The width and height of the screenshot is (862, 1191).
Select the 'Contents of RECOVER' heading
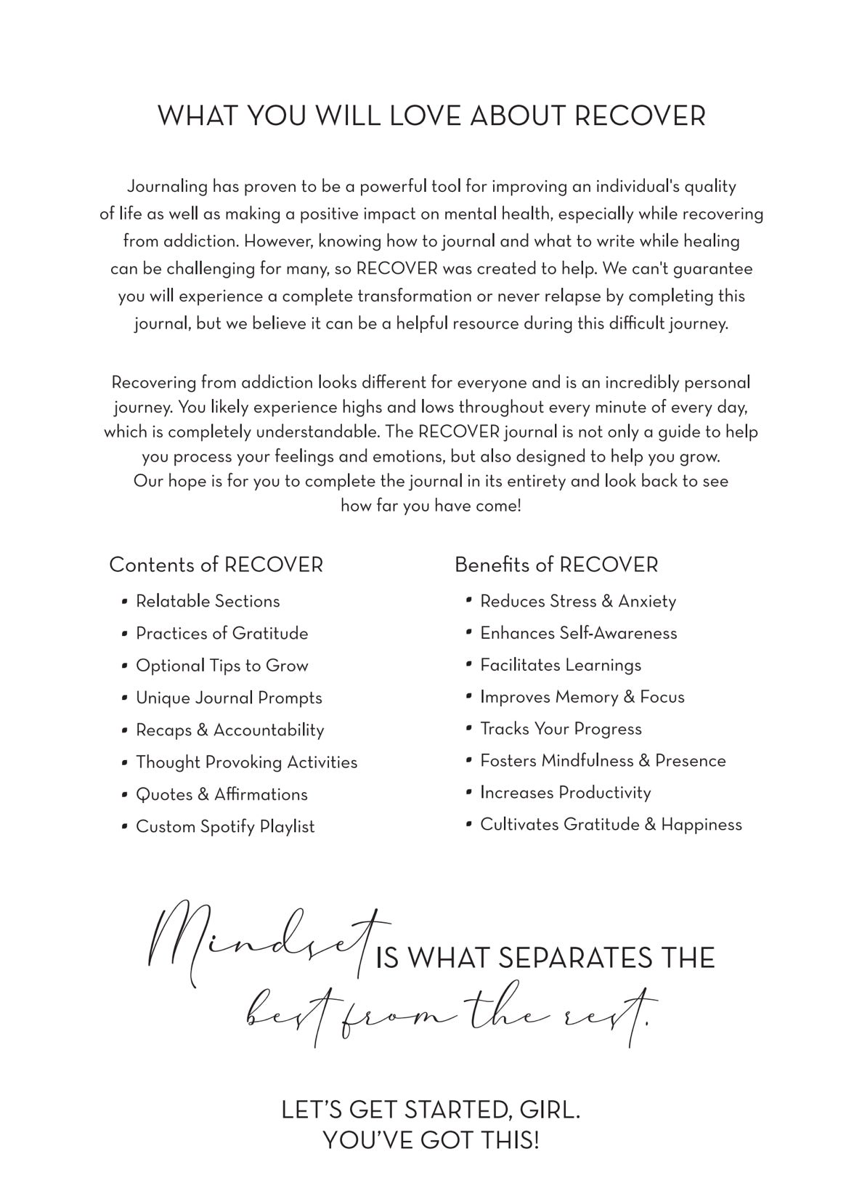(216, 565)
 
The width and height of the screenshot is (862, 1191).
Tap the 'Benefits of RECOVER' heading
(556, 565)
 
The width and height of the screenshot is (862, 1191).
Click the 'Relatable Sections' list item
(208, 602)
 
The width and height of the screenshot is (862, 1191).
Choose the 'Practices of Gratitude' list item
(221, 634)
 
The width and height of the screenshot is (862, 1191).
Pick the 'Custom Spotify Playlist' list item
(225, 827)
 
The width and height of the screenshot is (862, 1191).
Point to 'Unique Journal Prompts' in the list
(229, 698)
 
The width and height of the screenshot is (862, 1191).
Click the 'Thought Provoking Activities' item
(246, 762)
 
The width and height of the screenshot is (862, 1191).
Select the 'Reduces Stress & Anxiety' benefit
(578, 602)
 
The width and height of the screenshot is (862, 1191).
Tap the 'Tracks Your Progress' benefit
(561, 729)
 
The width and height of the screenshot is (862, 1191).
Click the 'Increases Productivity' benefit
(565, 793)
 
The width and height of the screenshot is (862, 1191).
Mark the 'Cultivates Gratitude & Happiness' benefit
(611, 825)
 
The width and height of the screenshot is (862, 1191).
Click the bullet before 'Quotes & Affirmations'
(125, 795)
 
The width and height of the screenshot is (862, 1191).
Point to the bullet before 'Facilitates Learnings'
(469, 665)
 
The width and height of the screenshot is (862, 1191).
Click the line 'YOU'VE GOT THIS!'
(431, 1140)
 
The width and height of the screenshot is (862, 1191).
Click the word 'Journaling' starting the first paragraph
(167, 187)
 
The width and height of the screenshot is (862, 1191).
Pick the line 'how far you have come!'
(431, 506)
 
